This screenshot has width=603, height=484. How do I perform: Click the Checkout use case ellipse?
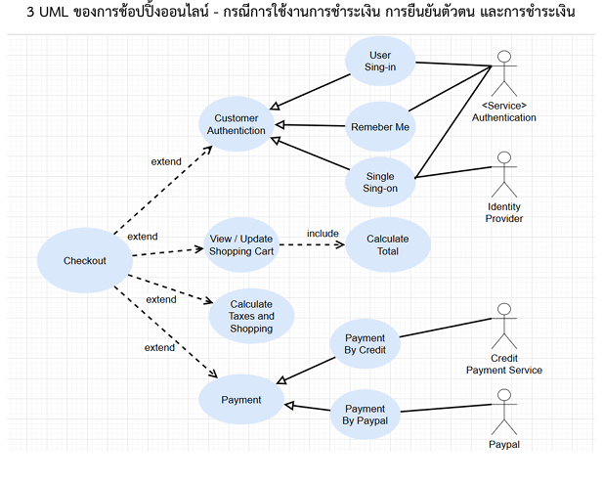(x=85, y=260)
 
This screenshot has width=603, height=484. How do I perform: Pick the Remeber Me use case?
(x=380, y=125)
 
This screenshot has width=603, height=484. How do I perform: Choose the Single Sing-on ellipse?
(x=380, y=182)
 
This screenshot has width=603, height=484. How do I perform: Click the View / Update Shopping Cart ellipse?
(x=241, y=244)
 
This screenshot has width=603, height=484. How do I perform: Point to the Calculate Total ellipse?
(x=388, y=244)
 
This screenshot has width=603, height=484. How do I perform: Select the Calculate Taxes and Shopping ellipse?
(x=251, y=316)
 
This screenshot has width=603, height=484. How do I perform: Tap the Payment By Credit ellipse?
(x=366, y=343)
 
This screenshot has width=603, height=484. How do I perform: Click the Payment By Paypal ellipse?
(x=366, y=415)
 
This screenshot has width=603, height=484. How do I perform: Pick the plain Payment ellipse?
(x=241, y=399)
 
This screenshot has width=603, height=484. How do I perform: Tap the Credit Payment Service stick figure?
(x=504, y=327)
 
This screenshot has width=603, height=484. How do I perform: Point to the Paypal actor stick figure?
(x=504, y=411)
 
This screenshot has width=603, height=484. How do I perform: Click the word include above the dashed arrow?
(x=323, y=233)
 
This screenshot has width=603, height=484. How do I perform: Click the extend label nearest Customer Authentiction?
(x=165, y=160)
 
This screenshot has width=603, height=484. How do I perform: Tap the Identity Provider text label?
(x=504, y=212)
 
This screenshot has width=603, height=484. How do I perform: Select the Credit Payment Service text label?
(x=504, y=364)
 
